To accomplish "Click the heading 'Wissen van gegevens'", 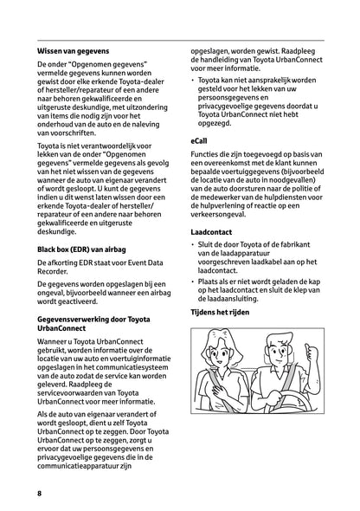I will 70,51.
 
